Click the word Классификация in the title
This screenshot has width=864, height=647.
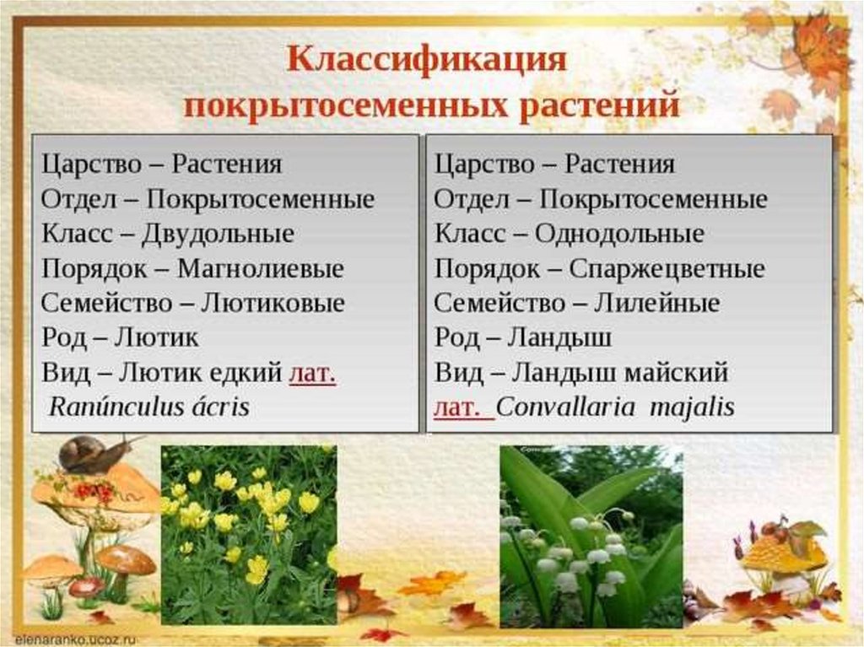click(426, 60)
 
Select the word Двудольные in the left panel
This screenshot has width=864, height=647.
click(219, 234)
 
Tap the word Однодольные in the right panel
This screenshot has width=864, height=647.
click(619, 234)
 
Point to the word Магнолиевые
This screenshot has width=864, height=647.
click(261, 268)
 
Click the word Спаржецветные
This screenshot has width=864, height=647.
click(667, 269)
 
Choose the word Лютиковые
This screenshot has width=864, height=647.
click(273, 303)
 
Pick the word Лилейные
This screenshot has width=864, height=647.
click(656, 303)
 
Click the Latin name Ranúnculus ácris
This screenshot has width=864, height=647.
click(149, 407)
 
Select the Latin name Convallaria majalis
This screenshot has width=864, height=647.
click(615, 407)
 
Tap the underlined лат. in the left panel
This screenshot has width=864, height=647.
click(312, 373)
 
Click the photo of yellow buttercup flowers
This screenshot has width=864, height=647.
click(249, 535)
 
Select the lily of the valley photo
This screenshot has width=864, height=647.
click(591, 536)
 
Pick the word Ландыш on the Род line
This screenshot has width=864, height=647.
click(559, 337)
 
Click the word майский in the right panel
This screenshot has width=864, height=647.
click(677, 373)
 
